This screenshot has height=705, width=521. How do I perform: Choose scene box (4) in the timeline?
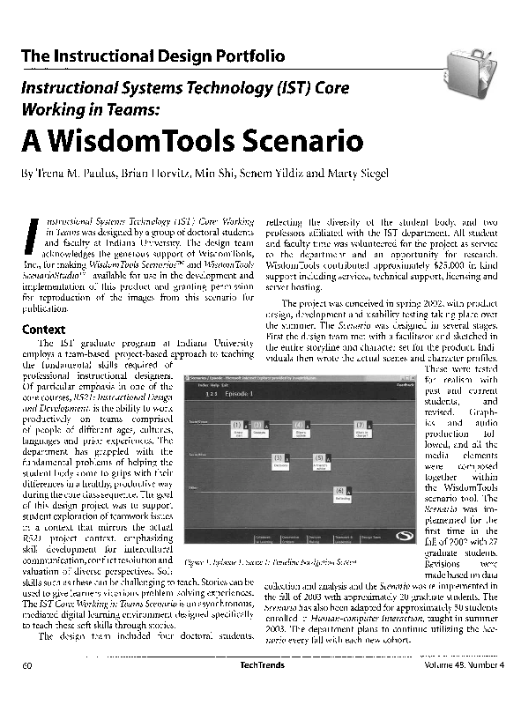[301, 428]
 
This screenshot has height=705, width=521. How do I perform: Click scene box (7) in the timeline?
[361, 428]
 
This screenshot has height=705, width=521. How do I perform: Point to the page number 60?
[28, 690]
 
